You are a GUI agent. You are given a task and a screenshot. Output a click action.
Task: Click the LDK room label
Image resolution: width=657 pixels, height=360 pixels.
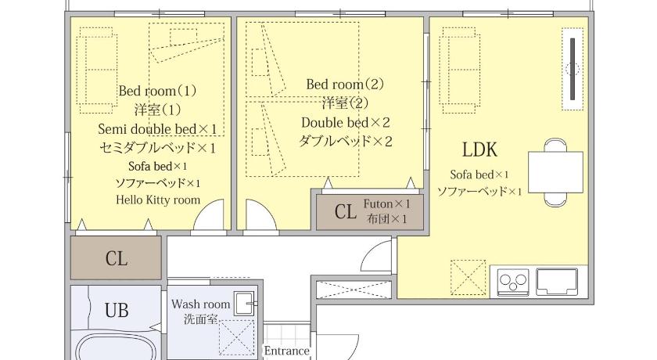click(479, 149)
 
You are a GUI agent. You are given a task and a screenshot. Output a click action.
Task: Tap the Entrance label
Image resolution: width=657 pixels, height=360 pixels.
click(286, 351)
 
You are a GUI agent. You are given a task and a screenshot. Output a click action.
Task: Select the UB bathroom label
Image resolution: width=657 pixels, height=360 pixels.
click(117, 311)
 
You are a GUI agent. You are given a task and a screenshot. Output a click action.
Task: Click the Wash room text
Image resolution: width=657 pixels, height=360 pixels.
click(201, 304)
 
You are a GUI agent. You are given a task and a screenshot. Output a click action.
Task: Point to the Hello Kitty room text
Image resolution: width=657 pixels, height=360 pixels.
click(158, 200)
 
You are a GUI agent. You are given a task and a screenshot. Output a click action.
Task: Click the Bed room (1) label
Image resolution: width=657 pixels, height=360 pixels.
click(157, 91)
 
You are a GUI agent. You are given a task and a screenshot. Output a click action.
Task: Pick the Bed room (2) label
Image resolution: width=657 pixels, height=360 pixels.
click(345, 85)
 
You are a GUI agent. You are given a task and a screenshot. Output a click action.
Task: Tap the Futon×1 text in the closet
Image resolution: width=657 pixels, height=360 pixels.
click(386, 204)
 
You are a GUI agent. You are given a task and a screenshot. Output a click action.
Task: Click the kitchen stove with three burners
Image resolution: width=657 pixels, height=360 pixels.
click(513, 281)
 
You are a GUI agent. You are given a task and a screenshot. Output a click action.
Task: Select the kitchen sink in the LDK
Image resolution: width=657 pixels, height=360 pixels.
click(557, 282)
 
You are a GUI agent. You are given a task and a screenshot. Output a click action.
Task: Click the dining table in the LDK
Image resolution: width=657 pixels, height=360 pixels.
click(555, 172)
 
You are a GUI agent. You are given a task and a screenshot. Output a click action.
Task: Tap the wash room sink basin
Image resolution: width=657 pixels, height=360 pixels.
click(244, 304)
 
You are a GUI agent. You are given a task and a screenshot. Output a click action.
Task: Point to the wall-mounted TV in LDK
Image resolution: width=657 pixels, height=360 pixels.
click(573, 69)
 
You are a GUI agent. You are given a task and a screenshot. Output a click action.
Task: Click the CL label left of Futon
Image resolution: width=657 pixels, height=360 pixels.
click(345, 212)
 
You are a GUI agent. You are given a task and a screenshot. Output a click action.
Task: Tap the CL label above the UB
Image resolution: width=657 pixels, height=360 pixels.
click(116, 258)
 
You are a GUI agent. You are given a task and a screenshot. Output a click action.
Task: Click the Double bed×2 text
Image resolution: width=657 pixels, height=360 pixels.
click(346, 122)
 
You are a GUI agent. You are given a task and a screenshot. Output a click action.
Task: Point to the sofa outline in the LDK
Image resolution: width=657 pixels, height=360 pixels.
click(459, 70)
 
